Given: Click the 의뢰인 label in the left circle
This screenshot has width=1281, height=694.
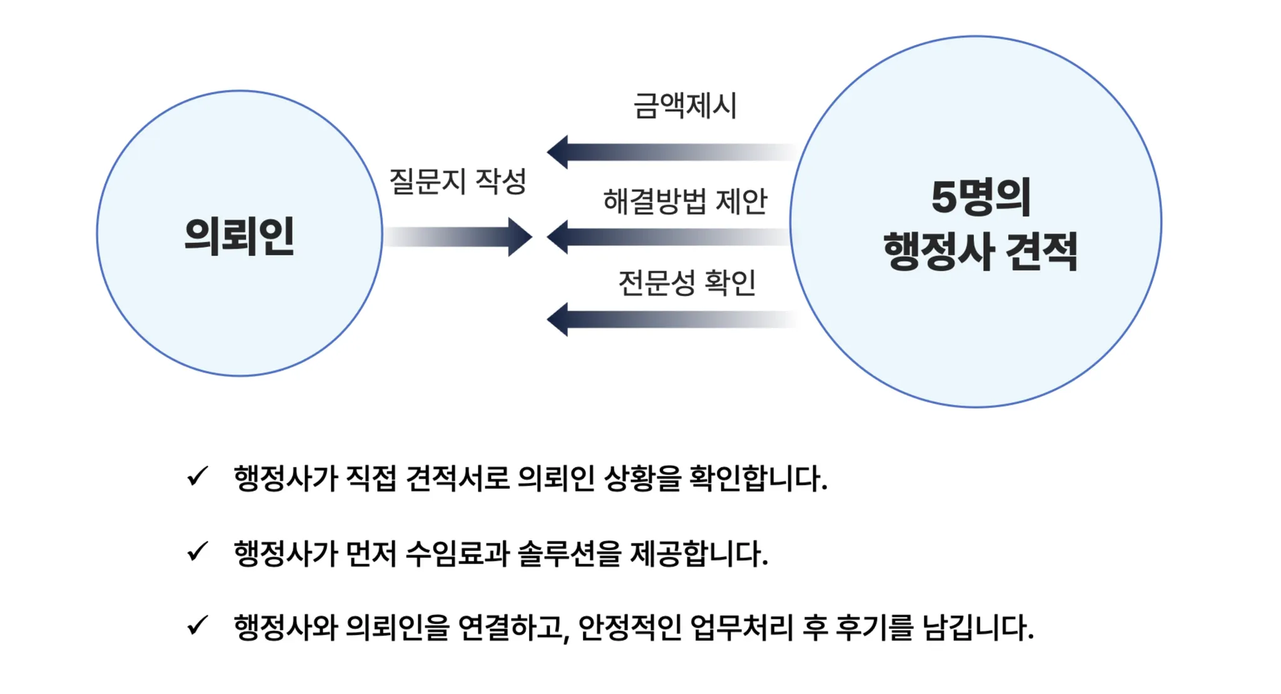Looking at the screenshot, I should pos(240,237).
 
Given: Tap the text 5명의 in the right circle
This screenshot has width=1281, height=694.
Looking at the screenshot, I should pos(980,198).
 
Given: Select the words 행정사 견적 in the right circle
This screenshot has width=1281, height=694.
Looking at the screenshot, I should pos(980,251).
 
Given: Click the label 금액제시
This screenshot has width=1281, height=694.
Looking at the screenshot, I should pos(685,105).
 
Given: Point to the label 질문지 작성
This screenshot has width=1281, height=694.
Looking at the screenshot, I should pos(458,181).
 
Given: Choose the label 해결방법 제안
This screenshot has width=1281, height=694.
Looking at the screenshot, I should pos(685,202).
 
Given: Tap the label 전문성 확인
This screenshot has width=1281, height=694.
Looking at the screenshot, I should pos(687,283).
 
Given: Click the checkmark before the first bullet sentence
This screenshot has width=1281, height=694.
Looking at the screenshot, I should pos(197,477).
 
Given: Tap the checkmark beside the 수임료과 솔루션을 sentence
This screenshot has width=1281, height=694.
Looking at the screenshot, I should pos(197,552).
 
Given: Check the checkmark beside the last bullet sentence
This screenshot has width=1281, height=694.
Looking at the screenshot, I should pos(197,626).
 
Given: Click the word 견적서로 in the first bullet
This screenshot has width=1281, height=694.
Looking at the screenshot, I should pos(458,479).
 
